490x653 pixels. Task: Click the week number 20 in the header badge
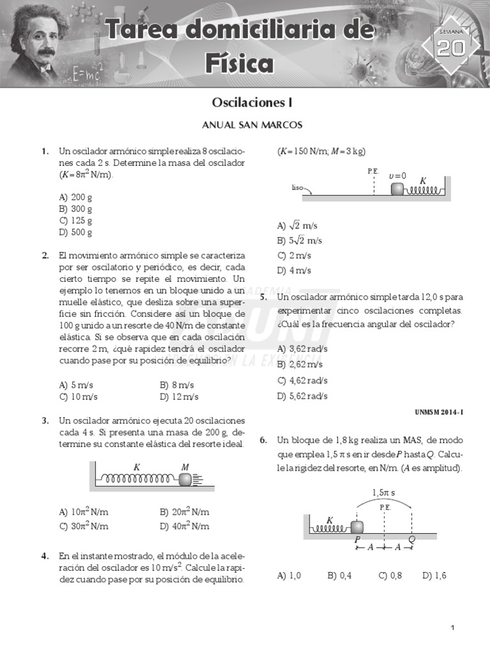(x=451, y=48)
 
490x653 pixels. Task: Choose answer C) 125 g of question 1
(x=76, y=221)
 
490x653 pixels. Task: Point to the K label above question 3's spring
(x=137, y=467)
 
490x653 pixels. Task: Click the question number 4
(x=45, y=555)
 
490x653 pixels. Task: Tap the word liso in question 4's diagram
(x=297, y=188)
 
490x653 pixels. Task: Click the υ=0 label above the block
(x=397, y=175)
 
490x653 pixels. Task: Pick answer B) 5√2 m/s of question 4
(x=299, y=240)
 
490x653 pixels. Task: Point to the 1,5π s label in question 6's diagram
(x=383, y=492)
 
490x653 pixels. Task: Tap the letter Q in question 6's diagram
(x=412, y=538)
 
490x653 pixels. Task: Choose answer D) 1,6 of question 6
(x=434, y=575)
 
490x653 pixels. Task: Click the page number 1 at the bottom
(x=452, y=628)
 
